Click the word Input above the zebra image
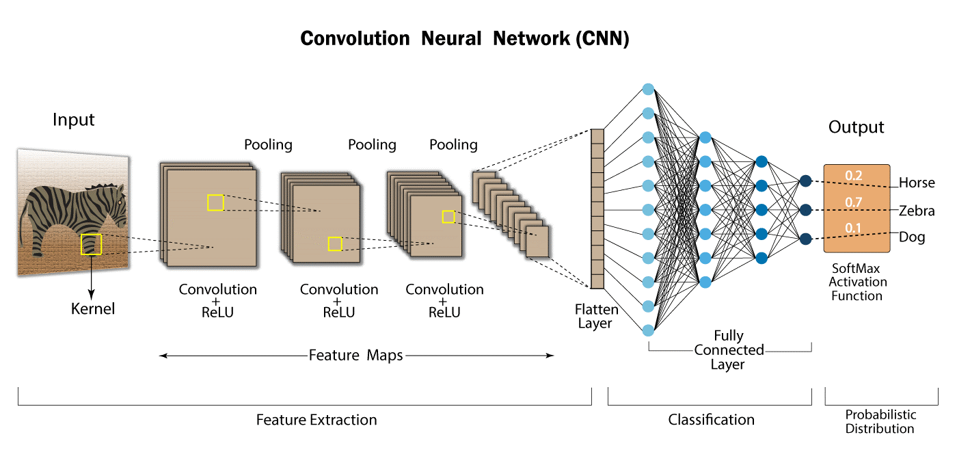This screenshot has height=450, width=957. coord(74,120)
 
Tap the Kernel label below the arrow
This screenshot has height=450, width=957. coord(93,309)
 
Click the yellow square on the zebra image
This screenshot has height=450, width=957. coord(91,244)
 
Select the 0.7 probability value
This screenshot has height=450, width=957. coord(853,202)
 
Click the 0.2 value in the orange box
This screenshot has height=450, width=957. coord(853,176)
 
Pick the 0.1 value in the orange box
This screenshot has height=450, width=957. coord(853,228)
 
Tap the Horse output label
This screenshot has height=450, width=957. coord(917,183)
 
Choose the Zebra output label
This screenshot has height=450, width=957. coord(917,211)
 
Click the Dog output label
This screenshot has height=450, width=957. coord(912,238)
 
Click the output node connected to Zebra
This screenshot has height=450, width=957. coord(805,209)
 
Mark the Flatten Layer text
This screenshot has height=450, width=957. coord(596,317)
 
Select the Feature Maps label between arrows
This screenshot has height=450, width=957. coord(355,356)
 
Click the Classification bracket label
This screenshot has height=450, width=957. coord(711,420)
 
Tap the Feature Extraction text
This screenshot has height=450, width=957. coord(316,420)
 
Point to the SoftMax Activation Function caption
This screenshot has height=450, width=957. coord(857,282)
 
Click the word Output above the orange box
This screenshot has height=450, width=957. coord(856,127)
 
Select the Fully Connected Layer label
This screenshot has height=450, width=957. coord(729,350)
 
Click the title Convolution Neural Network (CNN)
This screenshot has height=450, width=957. coord(465,39)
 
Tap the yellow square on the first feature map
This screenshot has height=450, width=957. coord(215,202)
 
